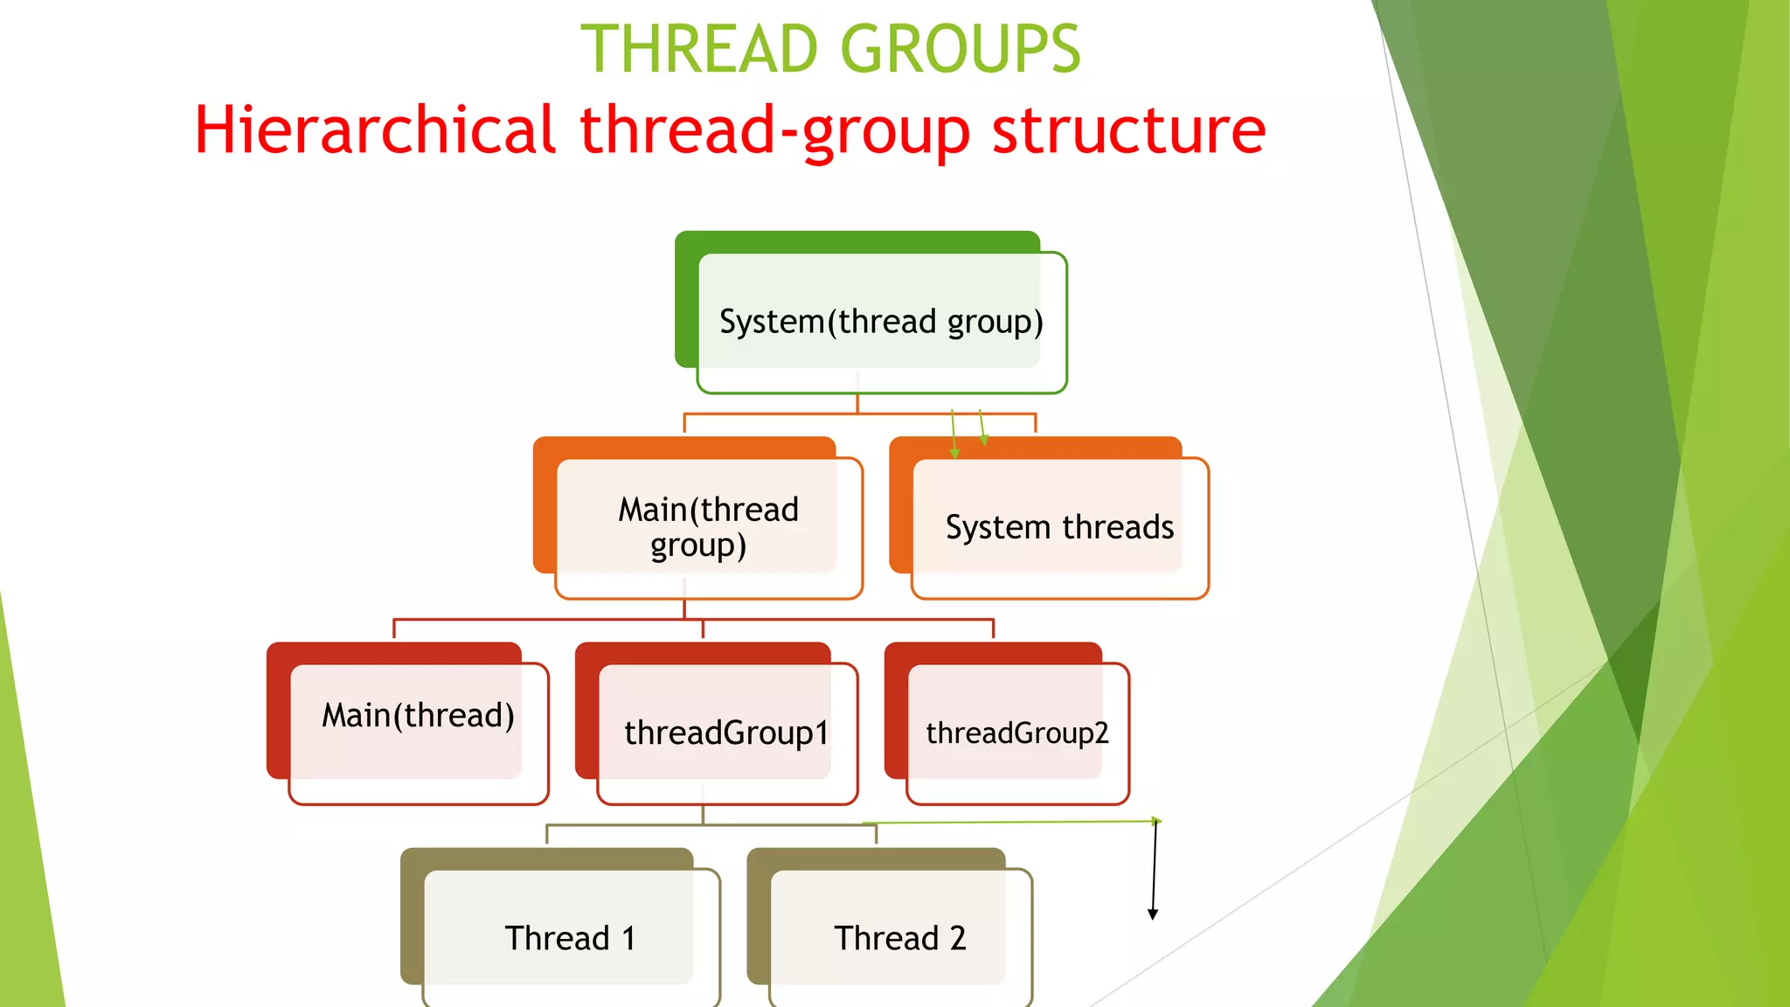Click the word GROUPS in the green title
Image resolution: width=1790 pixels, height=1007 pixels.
coord(961,50)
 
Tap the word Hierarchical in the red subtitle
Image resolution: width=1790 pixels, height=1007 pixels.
coord(375,129)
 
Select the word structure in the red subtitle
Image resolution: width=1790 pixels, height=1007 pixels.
coord(1128,129)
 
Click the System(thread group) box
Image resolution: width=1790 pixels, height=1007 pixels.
coord(881,323)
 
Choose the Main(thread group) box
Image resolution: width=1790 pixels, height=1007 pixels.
coord(709,527)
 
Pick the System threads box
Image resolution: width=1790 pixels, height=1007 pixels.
coord(1059,528)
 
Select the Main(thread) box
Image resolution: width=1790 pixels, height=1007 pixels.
coord(418,733)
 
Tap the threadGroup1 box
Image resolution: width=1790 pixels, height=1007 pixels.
coord(726,733)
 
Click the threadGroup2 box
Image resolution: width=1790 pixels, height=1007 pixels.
coord(1017,733)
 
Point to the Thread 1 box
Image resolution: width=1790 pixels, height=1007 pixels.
coord(570,938)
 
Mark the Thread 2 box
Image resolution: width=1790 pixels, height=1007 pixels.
coord(900,938)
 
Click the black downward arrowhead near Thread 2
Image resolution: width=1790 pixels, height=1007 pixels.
coord(1153,913)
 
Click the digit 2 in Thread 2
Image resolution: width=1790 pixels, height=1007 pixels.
coord(958,938)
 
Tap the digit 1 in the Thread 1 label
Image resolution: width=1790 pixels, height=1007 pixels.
coord(628,938)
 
